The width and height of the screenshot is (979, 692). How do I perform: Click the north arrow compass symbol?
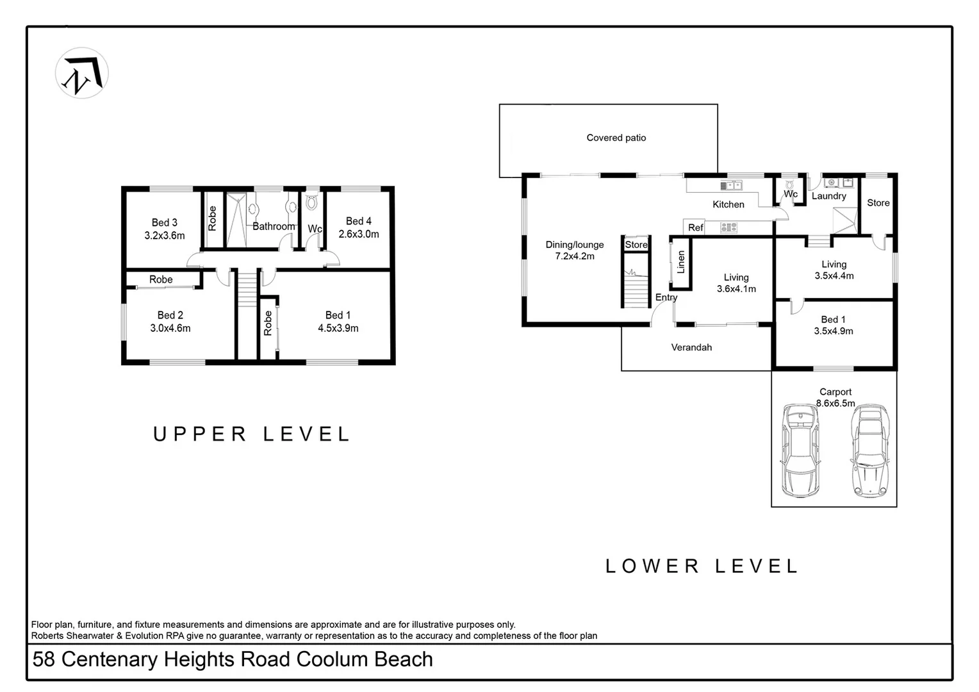pos(82,73)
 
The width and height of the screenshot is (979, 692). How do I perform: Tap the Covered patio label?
pos(616,138)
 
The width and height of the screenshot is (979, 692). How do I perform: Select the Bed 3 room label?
pos(164,222)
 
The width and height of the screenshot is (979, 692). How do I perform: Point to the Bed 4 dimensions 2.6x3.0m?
pos(359,235)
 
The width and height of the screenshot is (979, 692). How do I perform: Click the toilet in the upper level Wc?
pos(312,203)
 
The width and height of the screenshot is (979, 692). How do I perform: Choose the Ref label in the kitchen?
pos(695,227)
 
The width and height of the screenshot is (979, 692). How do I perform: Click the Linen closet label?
pos(680,261)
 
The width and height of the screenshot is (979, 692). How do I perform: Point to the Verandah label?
pos(691,347)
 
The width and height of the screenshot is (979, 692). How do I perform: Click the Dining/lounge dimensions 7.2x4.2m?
pos(575,256)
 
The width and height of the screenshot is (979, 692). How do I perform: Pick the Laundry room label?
pos(828,196)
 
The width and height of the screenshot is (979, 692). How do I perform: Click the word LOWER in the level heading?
pos(652,566)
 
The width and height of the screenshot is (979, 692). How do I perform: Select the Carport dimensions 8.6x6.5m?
pos(835,404)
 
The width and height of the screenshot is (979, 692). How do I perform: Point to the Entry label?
pos(666,297)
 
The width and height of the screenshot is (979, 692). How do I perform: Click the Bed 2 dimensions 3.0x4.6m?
pos(170,328)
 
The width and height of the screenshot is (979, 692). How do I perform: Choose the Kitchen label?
pos(728,204)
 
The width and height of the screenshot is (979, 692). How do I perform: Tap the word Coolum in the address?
pos(333,659)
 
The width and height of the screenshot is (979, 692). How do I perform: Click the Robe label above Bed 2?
pos(161,279)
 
